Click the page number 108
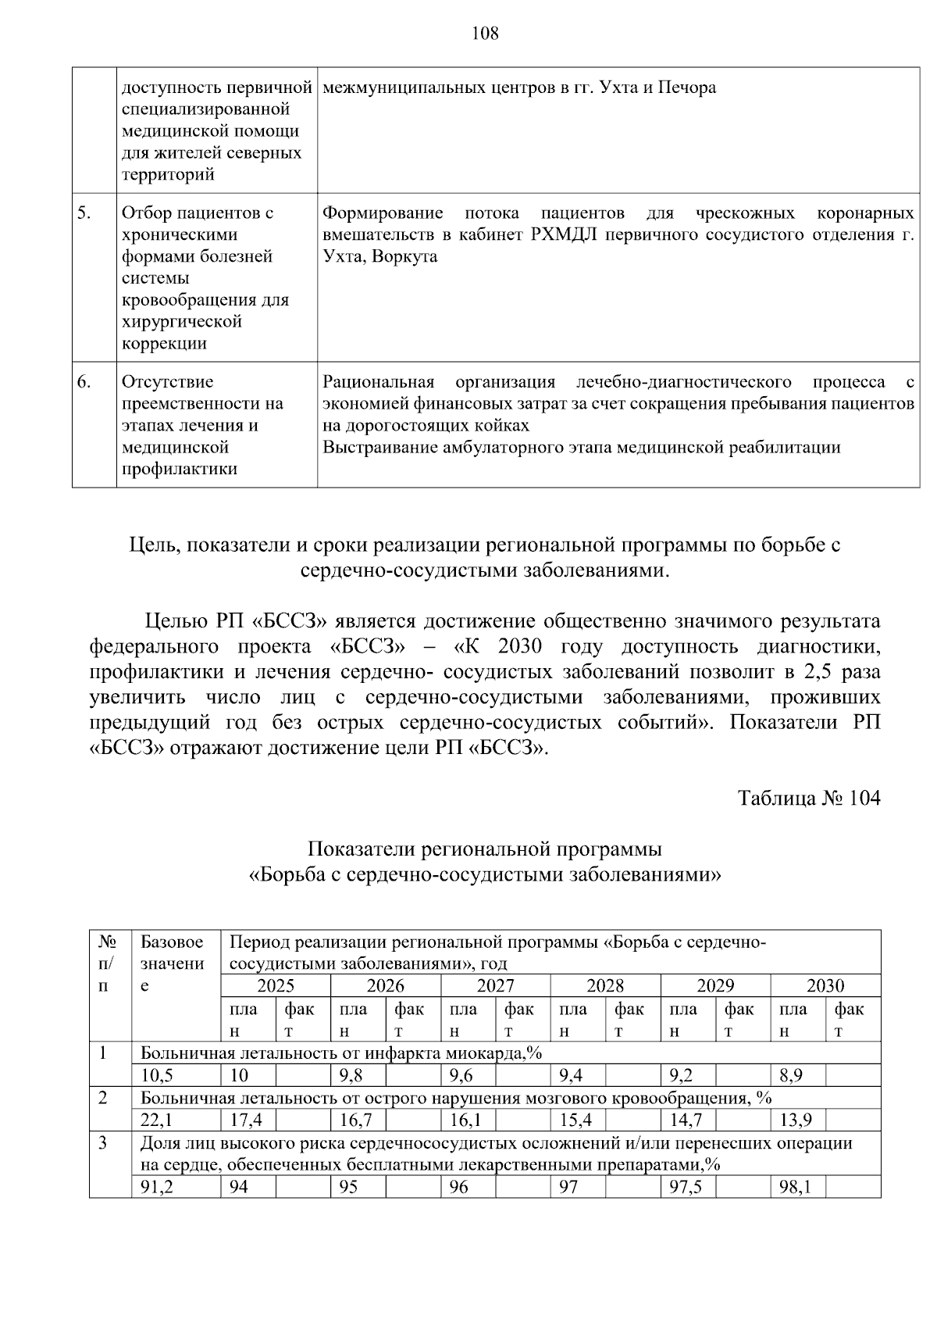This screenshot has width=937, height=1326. tap(485, 33)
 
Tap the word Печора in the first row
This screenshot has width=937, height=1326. tap(687, 88)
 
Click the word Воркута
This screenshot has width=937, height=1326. tap(404, 256)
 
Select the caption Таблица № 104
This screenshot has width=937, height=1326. tap(809, 798)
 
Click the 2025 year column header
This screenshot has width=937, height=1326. tap(276, 985)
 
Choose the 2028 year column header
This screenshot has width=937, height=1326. tap(605, 985)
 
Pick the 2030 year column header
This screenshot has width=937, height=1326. tap(825, 985)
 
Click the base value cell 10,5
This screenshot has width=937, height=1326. tap(157, 1075)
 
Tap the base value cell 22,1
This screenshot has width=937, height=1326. tap(157, 1120)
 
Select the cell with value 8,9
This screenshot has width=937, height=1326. tap(791, 1075)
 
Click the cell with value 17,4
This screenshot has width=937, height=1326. tap(246, 1120)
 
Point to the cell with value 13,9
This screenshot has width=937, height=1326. tap(796, 1120)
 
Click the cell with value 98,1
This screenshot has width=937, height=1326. tap(796, 1188)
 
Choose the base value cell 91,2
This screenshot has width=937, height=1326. tap(157, 1188)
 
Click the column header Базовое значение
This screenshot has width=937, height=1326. tap(172, 963)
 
